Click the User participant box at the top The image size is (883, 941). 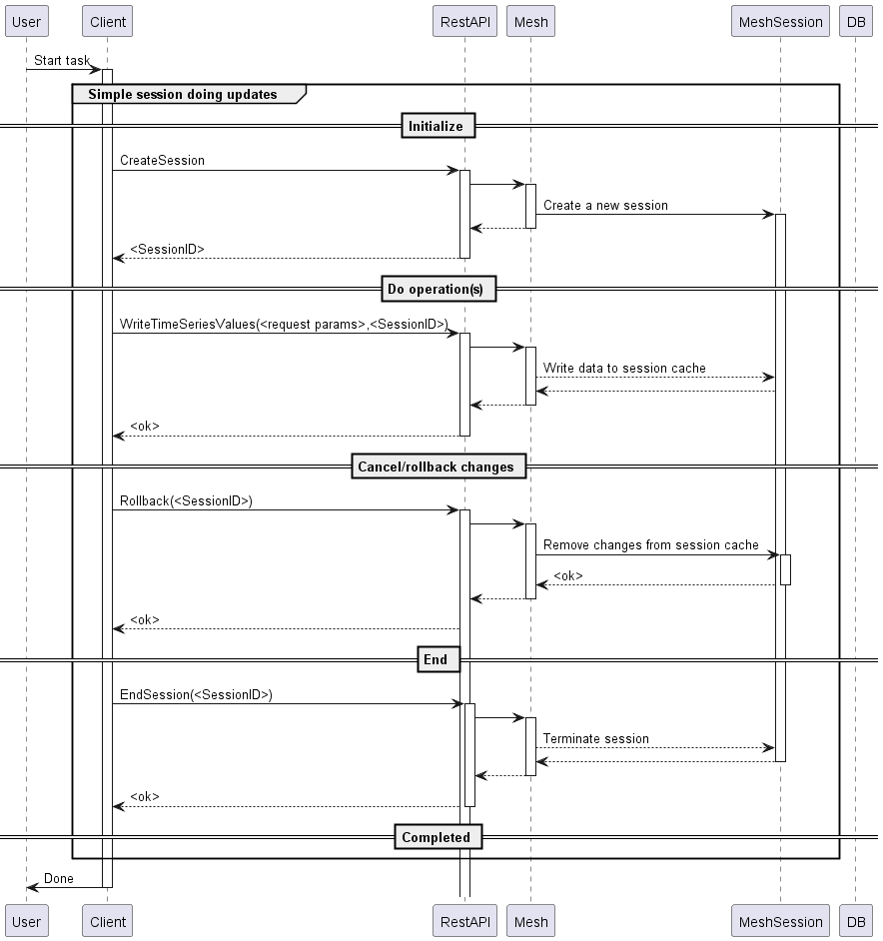pos(26,21)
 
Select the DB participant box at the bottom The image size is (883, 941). pos(855,921)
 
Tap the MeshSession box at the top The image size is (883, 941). pos(780,21)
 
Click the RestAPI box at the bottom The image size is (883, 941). pos(464,921)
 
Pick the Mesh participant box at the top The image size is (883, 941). pos(530,21)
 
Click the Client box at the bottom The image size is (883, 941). pos(108,921)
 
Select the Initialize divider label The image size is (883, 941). pos(437,126)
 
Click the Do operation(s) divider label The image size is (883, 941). pos(437,289)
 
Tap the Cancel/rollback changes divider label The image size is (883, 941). pos(437,467)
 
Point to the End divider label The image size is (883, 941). pos(437,659)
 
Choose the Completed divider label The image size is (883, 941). pos(437,837)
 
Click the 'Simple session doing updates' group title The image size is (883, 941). pos(183,94)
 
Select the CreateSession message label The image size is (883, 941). pos(162,160)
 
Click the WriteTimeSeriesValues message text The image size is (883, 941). pos(284,324)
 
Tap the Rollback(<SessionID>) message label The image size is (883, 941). pos(186,500)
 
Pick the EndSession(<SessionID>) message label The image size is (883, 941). pos(196,694)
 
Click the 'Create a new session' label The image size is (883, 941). pos(605,205)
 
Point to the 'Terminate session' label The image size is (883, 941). pos(596,738)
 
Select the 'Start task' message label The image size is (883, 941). pos(62,60)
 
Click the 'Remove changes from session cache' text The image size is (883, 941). pos(651,544)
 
